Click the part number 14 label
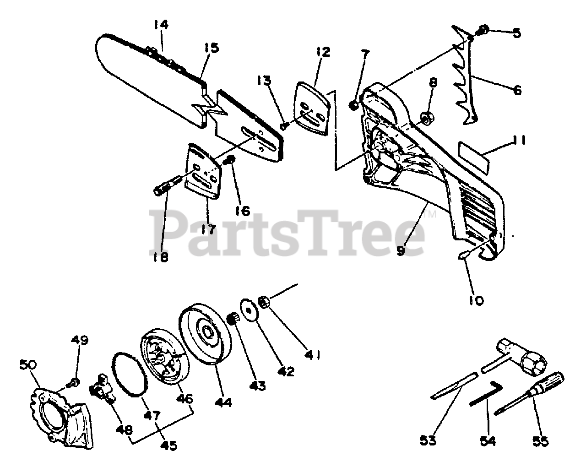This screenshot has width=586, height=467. [x=160, y=25]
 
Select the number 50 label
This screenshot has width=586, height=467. [x=28, y=366]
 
